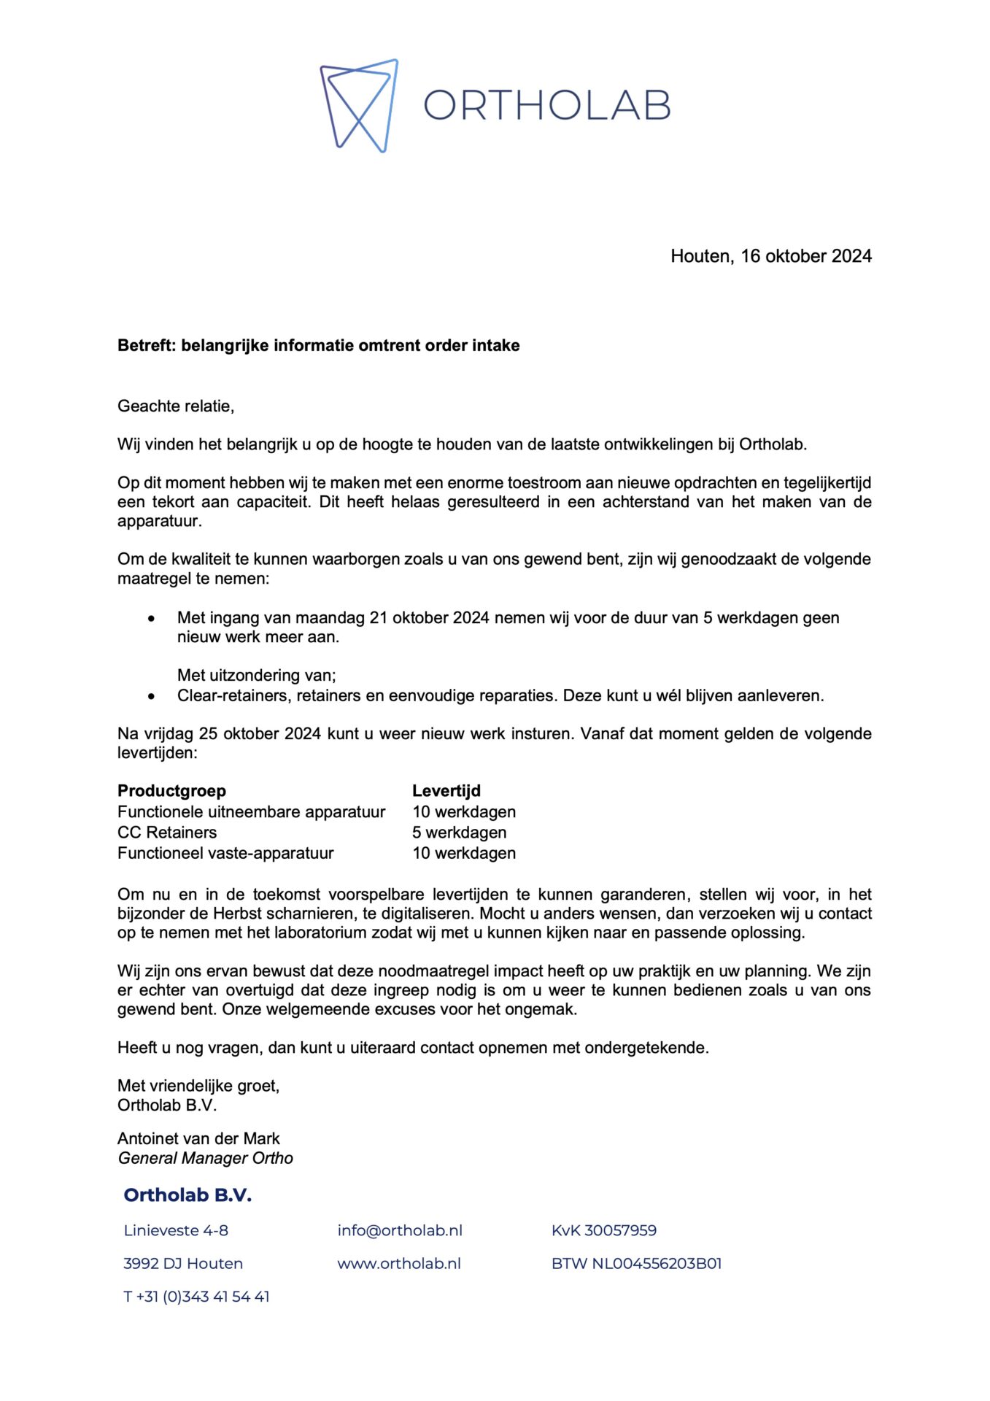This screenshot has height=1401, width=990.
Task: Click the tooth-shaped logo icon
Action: (359, 105)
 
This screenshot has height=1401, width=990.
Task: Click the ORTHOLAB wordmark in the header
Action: (546, 106)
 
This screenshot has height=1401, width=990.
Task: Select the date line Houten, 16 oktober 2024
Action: (770, 256)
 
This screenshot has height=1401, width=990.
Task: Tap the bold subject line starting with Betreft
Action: (318, 345)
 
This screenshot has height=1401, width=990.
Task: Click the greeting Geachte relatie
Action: (176, 406)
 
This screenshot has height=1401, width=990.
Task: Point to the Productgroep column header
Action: (171, 791)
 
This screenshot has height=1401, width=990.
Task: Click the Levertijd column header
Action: (446, 791)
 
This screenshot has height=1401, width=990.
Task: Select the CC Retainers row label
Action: (167, 833)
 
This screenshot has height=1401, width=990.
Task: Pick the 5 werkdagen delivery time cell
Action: (459, 833)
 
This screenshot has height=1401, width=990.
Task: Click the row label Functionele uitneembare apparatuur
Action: (251, 811)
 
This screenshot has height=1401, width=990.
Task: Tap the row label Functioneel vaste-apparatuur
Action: (225, 853)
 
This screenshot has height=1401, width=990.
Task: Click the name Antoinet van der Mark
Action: (198, 1138)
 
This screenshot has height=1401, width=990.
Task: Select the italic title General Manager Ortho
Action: (205, 1158)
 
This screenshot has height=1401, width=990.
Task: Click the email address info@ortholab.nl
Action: (400, 1230)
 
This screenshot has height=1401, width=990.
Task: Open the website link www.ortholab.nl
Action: (399, 1263)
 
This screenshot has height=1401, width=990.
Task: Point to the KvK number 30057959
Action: (603, 1230)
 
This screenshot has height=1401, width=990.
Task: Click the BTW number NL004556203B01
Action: (636, 1263)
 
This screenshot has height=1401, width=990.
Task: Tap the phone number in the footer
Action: (196, 1297)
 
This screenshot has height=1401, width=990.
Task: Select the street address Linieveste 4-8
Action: (176, 1230)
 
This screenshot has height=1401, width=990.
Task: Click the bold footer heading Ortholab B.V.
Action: (187, 1195)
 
